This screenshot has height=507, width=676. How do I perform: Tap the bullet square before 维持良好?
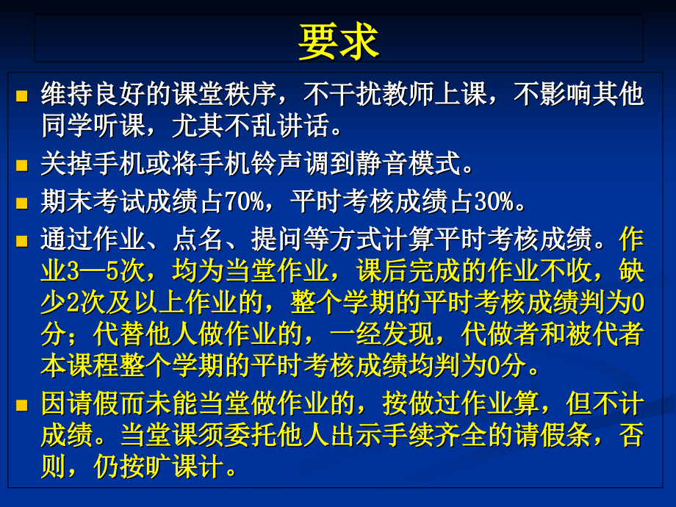(21, 96)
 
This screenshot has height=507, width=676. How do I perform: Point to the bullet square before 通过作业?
(21, 240)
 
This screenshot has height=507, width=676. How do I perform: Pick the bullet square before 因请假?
(21, 405)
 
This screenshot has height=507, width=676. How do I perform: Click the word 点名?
(195, 239)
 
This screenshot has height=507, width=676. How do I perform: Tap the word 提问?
(273, 239)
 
